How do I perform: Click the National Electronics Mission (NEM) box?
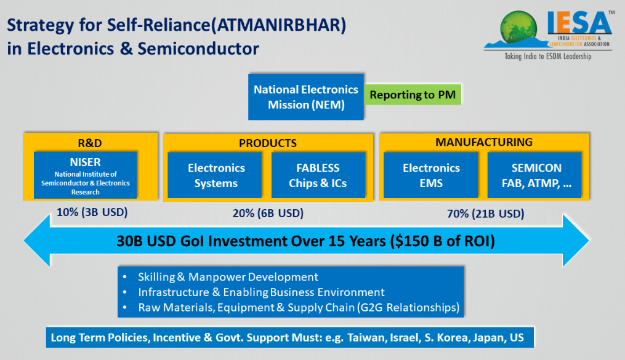click(x=306, y=97)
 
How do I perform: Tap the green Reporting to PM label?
click(x=413, y=95)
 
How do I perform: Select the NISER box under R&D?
click(x=86, y=175)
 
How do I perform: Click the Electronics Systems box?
click(x=215, y=175)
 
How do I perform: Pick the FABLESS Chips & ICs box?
click(x=318, y=175)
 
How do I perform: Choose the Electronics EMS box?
click(x=431, y=175)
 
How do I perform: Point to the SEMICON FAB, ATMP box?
click(x=534, y=175)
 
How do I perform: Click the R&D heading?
click(x=90, y=143)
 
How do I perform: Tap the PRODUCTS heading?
click(x=268, y=143)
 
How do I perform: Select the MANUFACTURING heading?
click(x=484, y=142)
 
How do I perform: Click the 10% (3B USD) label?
click(x=92, y=212)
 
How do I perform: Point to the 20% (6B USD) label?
click(x=268, y=214)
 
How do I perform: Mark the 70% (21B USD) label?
click(x=485, y=214)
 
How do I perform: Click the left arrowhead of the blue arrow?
click(x=38, y=241)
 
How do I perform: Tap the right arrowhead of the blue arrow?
click(x=576, y=241)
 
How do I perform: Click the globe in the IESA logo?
click(x=518, y=26)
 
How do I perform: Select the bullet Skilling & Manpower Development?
click(x=228, y=277)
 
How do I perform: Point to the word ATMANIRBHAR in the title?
click(x=278, y=25)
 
